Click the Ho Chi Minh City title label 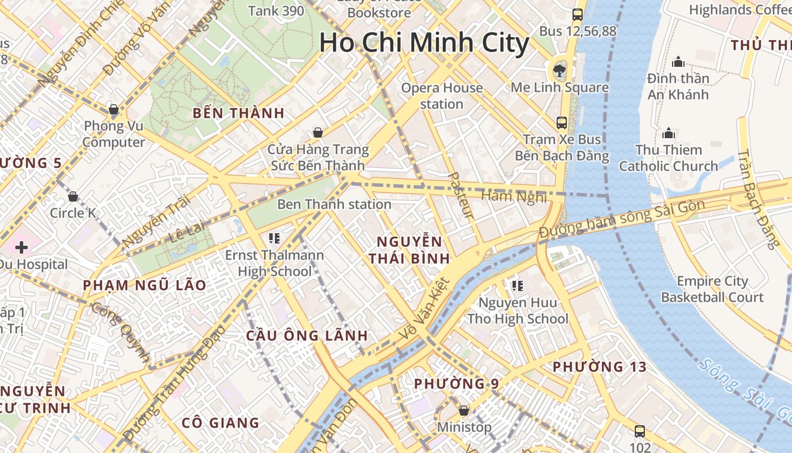point(424,43)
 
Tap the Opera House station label point(442,96)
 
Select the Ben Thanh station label point(334,204)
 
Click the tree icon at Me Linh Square point(559,70)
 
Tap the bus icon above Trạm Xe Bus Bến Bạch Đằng point(561,122)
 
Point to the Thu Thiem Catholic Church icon point(669,133)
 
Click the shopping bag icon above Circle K point(73,196)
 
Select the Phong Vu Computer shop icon point(114,109)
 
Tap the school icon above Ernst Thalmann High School point(274,238)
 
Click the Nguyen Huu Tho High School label point(518,311)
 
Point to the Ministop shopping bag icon point(464,410)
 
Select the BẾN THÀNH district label point(238,113)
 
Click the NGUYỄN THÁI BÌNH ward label point(410,250)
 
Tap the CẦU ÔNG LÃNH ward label point(307,335)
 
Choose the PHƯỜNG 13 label point(599,367)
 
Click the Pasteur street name point(460,195)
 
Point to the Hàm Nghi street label point(514,196)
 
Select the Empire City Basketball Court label point(712,289)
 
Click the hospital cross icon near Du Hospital point(21,247)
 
